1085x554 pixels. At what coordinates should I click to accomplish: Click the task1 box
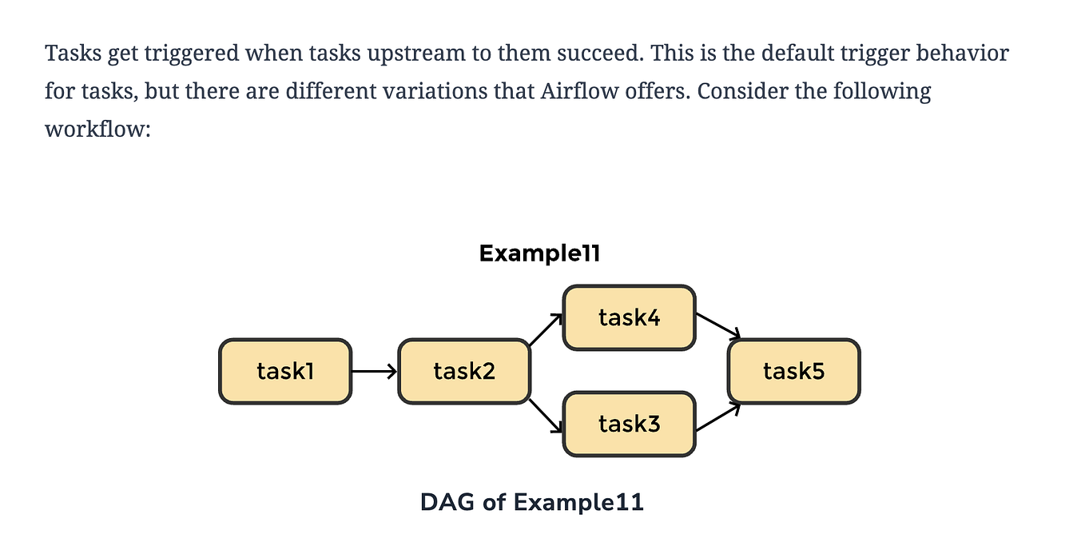click(284, 371)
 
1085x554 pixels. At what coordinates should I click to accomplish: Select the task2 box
click(464, 371)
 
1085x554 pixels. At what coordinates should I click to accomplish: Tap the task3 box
click(629, 424)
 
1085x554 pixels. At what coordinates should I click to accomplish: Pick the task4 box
click(629, 317)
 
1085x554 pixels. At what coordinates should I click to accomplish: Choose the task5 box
click(793, 371)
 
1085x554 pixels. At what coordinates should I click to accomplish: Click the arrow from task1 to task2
click(374, 371)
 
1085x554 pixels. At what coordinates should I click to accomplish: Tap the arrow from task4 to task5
click(717, 325)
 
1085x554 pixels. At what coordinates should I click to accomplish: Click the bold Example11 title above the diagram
click(539, 254)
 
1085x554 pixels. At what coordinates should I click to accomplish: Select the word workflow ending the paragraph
click(97, 129)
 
